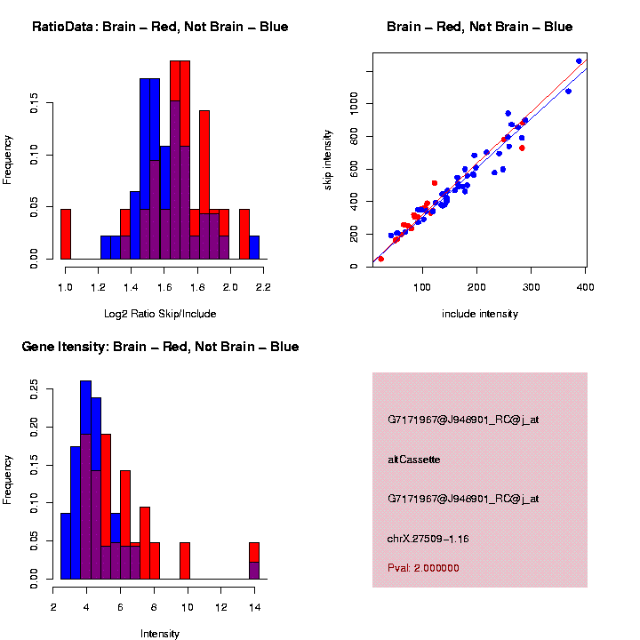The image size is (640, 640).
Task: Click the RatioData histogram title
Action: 160,27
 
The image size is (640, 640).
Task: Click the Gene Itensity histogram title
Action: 160,347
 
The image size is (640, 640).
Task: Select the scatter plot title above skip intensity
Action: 479,27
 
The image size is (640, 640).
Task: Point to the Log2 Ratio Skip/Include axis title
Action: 160,314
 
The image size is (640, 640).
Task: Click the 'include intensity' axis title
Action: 479,314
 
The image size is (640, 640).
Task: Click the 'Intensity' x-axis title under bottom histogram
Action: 160,634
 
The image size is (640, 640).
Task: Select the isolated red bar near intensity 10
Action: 185,560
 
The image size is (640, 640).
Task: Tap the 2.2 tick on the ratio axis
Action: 263,288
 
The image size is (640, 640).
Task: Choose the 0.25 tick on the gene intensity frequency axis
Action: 35,388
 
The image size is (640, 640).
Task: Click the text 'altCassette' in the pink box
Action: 414,460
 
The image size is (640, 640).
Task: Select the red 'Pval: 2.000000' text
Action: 423,567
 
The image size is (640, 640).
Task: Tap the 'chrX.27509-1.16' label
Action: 428,539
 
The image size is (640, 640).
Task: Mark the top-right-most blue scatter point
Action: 579,61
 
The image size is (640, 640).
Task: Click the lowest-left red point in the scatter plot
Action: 380,259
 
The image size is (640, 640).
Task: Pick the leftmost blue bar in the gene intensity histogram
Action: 65,546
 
